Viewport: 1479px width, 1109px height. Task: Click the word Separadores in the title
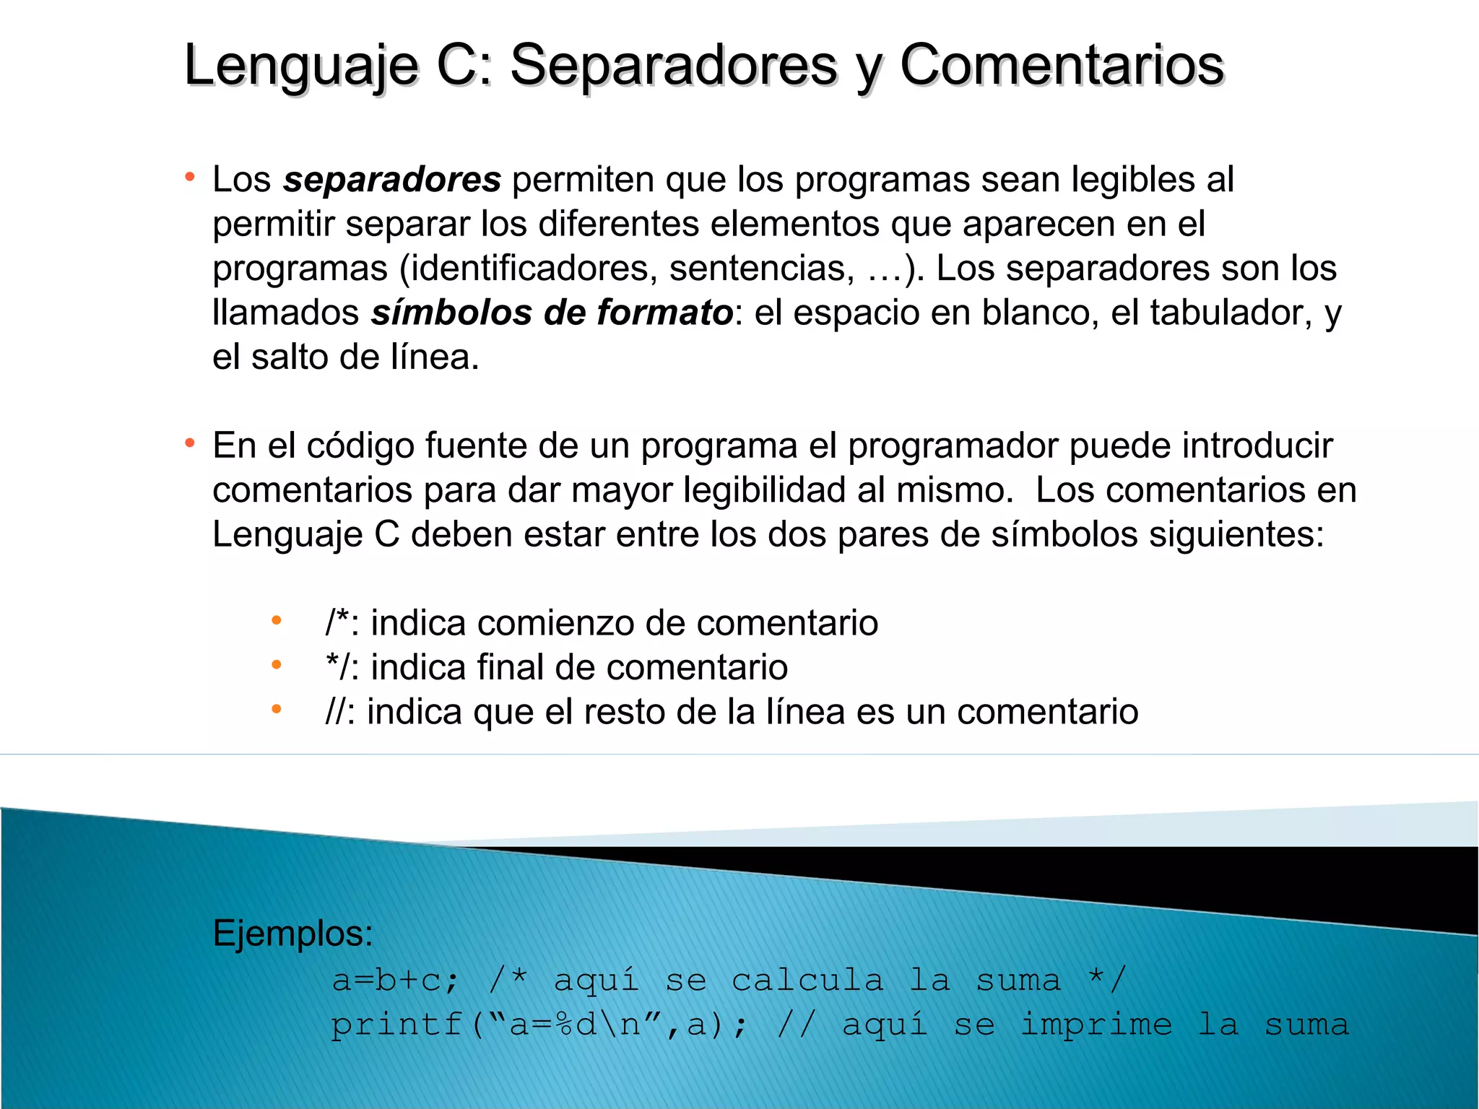click(673, 65)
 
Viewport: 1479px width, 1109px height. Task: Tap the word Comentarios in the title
click(1062, 65)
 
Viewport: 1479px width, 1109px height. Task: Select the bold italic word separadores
click(391, 179)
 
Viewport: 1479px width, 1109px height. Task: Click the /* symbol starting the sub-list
click(337, 622)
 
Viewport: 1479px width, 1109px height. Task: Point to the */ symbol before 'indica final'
click(337, 666)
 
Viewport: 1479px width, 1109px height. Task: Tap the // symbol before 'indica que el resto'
click(336, 711)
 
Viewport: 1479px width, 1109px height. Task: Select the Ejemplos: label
click(292, 933)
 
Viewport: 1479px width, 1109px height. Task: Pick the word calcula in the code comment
click(807, 980)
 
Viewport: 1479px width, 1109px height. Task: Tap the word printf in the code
click(396, 1025)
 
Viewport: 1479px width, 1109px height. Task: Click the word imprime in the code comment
click(1096, 1025)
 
